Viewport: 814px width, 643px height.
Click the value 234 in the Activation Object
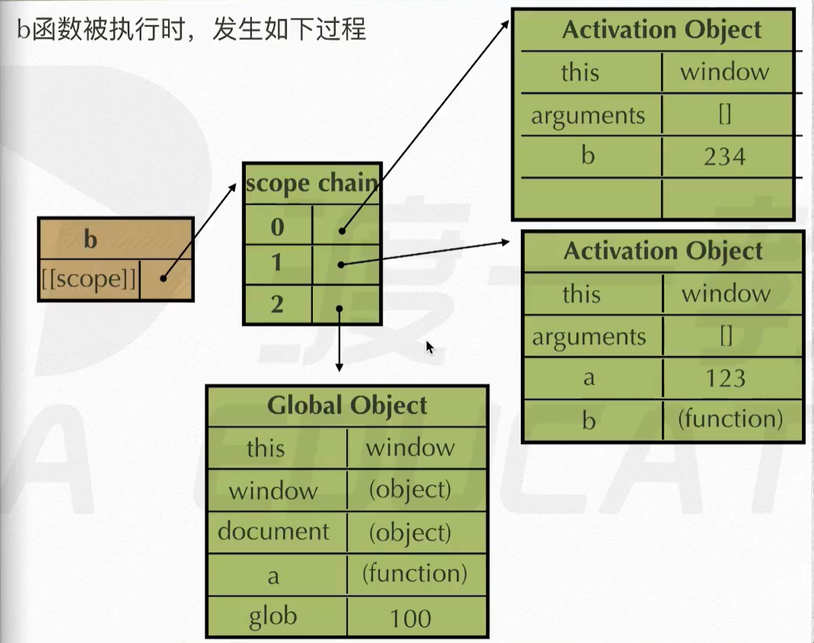[724, 157]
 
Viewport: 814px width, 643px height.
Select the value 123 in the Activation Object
[725, 378]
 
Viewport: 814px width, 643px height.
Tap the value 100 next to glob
[410, 619]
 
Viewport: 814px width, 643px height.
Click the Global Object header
[347, 405]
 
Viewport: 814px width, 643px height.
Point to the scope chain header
[312, 184]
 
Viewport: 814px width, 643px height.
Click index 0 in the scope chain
[277, 227]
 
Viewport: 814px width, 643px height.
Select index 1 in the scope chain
[277, 262]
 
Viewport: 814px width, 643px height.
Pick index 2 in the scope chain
[277, 305]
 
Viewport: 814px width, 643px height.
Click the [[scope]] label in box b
[89, 279]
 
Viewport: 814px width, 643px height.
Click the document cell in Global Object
[274, 532]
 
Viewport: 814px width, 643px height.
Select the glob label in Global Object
[273, 616]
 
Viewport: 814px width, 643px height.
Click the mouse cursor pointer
[429, 346]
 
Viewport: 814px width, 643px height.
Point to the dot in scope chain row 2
[339, 308]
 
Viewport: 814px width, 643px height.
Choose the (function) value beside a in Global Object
[414, 575]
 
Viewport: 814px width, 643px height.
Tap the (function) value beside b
[730, 419]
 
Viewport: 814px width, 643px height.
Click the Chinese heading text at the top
[191, 29]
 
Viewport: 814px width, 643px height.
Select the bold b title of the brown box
[90, 239]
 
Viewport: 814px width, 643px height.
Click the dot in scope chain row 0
[343, 230]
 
